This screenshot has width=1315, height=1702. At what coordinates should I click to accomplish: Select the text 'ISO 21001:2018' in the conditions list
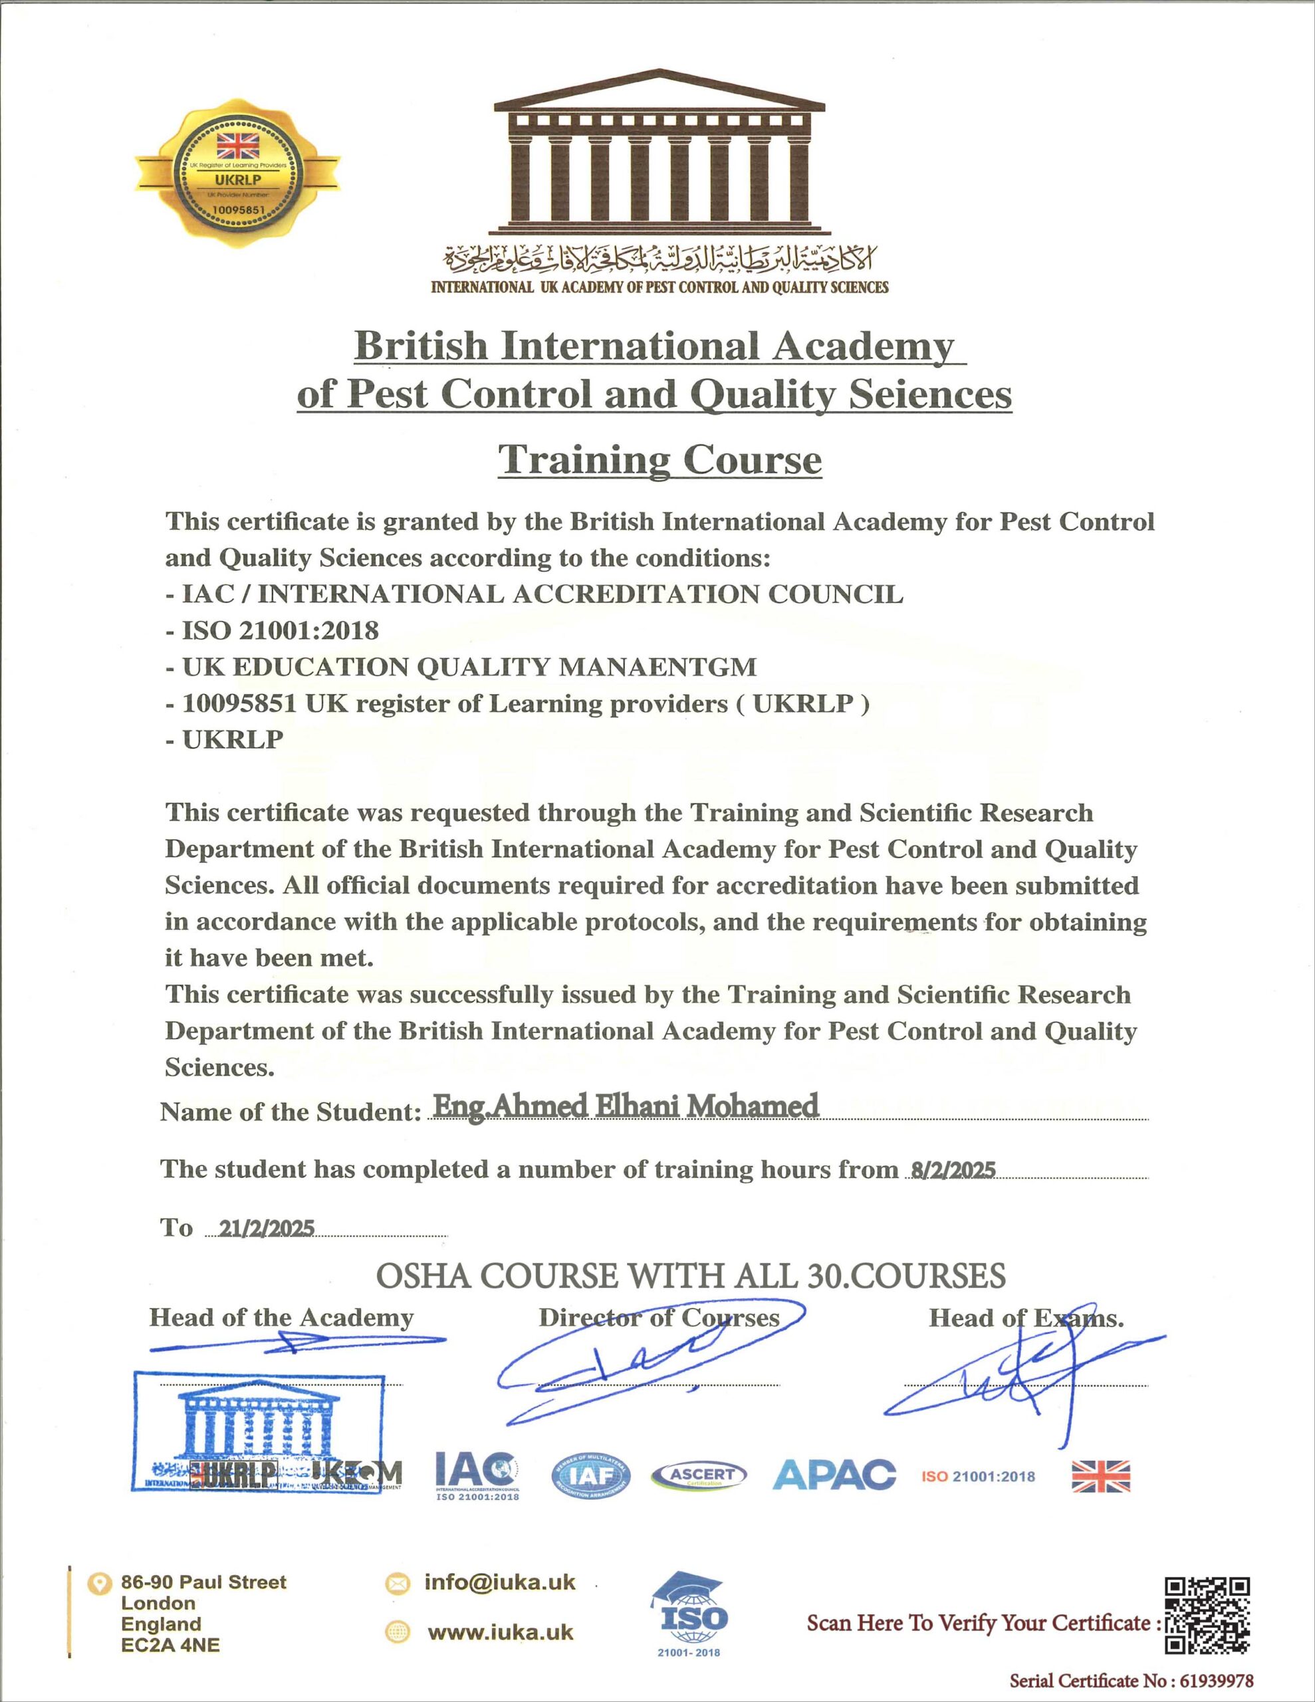tap(281, 630)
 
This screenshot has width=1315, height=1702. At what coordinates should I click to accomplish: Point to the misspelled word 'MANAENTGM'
tap(665, 667)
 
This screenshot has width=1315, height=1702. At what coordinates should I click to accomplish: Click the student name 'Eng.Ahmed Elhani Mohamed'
tap(625, 1106)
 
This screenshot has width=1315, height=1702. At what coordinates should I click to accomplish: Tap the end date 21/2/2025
tap(267, 1228)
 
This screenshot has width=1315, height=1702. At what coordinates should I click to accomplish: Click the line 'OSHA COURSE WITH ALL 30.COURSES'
tap(691, 1276)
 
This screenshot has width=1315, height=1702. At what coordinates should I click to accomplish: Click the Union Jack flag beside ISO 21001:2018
tap(1100, 1476)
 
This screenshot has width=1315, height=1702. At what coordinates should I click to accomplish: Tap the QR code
tap(1207, 1615)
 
